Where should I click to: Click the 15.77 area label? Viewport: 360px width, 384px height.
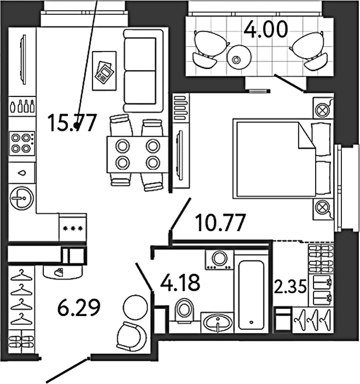click(72, 123)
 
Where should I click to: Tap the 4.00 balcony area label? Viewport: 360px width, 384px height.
click(266, 29)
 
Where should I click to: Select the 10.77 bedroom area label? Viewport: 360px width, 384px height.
click(221, 222)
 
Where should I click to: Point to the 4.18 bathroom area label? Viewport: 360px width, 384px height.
click(180, 283)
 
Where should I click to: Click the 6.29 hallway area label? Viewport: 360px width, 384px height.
click(79, 307)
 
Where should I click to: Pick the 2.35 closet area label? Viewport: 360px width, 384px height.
click(290, 286)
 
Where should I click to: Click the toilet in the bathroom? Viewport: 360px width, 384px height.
click(185, 310)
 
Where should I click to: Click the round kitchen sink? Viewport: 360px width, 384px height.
click(22, 198)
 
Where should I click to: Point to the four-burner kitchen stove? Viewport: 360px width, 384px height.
click(21, 143)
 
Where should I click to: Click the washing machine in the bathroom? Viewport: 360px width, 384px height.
click(219, 259)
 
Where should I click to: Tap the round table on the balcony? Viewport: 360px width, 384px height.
click(239, 57)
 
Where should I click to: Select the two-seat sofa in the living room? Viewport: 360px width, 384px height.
click(143, 71)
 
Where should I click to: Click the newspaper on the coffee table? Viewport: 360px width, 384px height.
click(104, 72)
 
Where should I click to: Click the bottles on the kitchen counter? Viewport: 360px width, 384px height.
click(22, 106)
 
